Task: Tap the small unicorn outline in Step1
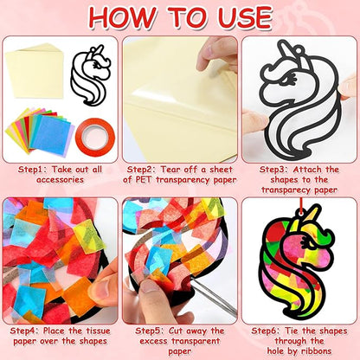92,75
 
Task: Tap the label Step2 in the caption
142,170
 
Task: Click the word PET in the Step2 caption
143,180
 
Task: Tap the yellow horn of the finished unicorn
309,218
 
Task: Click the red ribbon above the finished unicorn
300,205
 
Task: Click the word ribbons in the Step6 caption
316,351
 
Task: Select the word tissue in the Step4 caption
93,331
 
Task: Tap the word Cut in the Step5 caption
176,331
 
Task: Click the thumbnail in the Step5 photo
150,286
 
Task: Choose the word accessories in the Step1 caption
60,180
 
